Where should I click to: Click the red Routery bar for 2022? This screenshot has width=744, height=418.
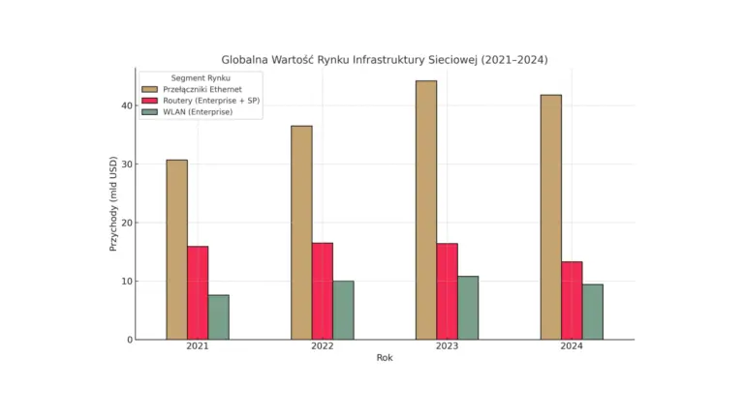coord(323,291)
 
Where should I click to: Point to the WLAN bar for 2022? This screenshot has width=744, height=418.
coord(343,310)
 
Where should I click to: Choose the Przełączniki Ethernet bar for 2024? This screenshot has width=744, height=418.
coord(551,217)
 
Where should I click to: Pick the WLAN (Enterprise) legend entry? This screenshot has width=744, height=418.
coord(198,112)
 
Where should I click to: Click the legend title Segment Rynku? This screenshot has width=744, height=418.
coord(200,77)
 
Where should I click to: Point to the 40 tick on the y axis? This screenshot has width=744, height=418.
coord(126,105)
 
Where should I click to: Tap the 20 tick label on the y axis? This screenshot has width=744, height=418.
coord(126,223)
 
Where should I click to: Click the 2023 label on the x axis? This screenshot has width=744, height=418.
coord(447,346)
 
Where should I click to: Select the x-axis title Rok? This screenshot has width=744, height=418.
coord(385,358)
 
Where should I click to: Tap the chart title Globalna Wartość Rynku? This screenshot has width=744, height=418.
coord(385,59)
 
